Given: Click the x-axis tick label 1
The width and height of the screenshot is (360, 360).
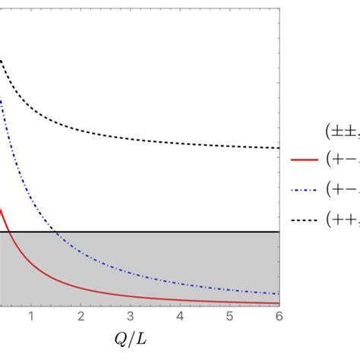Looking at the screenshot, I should click(31, 316).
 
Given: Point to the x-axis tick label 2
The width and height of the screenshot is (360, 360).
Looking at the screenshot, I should click(81, 316).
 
